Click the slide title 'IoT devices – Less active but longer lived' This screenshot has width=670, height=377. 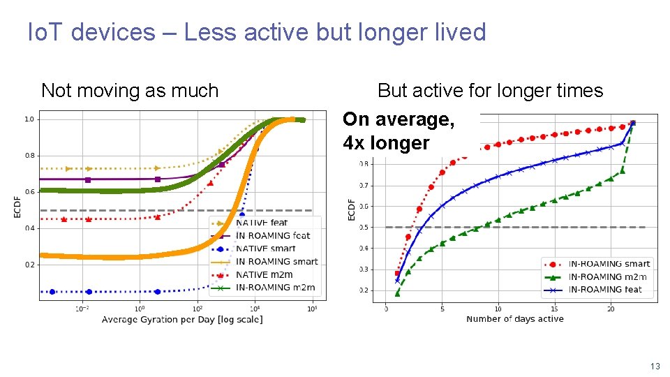256,32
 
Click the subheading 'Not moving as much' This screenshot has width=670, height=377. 130,91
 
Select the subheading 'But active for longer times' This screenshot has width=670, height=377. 490,91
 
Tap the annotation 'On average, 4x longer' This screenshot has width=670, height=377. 399,131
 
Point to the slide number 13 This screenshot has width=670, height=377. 654,367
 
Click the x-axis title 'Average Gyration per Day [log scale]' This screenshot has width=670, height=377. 182,320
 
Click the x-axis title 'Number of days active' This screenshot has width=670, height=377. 514,319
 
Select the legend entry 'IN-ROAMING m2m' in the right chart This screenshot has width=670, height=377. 607,276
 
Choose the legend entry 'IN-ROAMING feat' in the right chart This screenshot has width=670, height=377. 605,289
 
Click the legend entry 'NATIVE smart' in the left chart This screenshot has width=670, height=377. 265,249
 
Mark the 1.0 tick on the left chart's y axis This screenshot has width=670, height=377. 29,119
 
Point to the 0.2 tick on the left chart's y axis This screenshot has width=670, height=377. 29,265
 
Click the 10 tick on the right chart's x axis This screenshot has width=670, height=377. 498,309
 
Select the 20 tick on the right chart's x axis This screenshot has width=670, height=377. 611,309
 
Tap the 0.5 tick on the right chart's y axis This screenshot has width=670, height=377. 364,227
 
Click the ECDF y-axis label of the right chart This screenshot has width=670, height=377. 352,209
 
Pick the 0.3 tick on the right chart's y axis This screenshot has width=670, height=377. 364,269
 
